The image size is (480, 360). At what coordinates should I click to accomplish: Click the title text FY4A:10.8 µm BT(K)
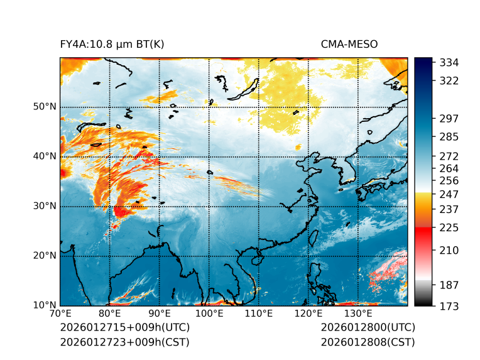112,44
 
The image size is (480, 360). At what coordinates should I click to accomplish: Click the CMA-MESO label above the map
349,44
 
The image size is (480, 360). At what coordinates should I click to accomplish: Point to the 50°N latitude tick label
45,107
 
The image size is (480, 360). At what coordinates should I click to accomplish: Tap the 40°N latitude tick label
45,156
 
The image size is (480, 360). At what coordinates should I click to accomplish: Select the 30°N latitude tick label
45,206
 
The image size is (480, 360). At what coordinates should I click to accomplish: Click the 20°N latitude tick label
45,256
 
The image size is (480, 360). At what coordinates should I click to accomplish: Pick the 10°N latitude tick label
45,305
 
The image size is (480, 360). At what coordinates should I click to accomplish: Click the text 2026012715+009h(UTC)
124,327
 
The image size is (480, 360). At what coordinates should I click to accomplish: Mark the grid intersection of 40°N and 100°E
209,156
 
